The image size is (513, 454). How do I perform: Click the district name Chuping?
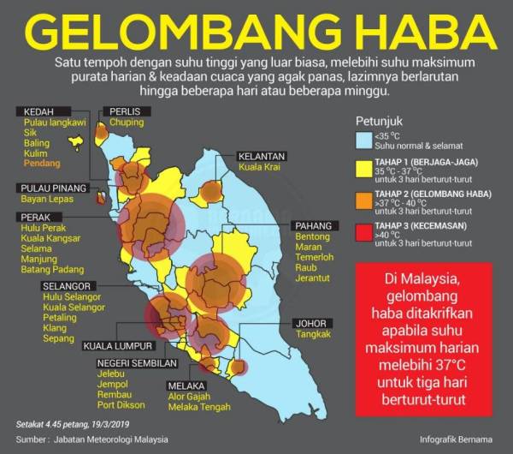(126, 123)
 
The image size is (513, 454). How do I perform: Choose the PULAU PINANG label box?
(52, 188)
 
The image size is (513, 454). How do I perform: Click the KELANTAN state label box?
(262, 158)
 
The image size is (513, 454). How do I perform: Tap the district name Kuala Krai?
(261, 170)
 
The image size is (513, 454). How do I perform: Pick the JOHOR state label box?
(311, 323)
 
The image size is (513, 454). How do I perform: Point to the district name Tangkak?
(313, 334)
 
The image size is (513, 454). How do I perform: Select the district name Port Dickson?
(120, 404)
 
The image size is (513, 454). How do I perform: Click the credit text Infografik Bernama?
(456, 439)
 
